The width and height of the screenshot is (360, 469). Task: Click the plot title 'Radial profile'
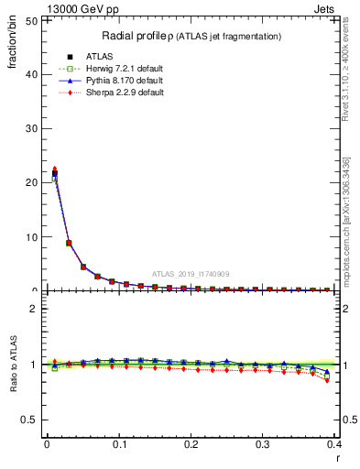coord(138,36)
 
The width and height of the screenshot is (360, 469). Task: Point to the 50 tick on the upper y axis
coord(33,19)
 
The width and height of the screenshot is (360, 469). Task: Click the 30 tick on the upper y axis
coord(33,128)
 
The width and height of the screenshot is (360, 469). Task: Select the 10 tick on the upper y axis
coord(33,236)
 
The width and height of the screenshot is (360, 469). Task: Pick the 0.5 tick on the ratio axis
coord(30,420)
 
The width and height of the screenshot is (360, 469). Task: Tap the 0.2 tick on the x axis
coord(191,445)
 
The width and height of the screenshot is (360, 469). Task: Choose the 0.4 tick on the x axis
coord(334,445)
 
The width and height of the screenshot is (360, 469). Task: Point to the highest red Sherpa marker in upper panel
coord(54,169)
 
